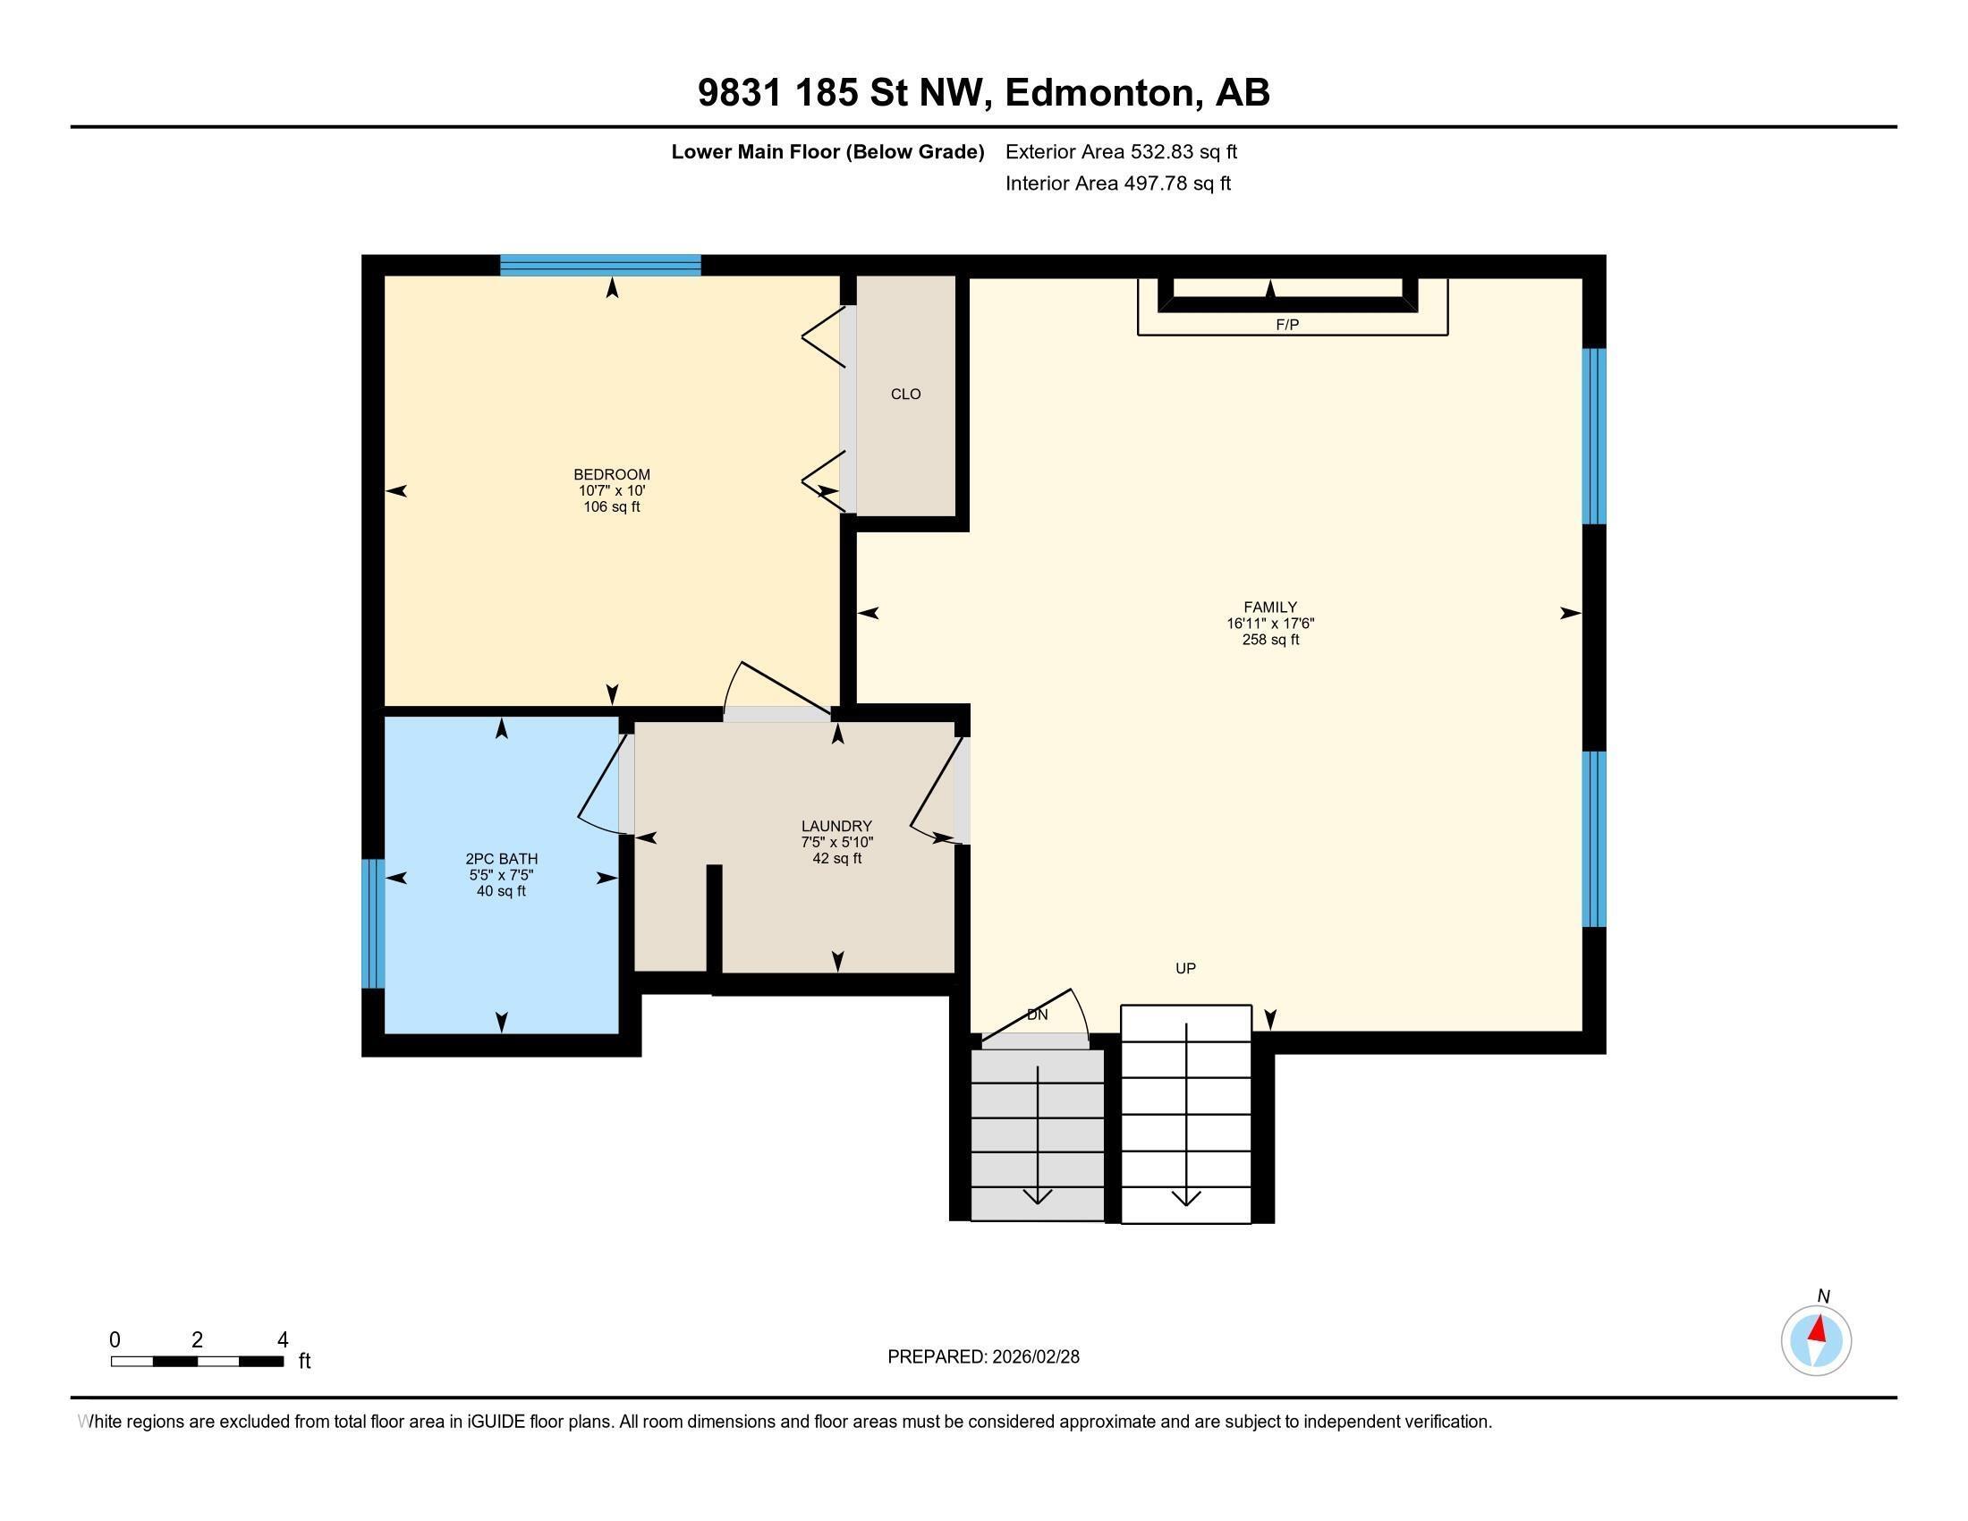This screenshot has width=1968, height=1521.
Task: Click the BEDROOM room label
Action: click(x=611, y=474)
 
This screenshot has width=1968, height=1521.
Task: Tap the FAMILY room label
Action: click(x=1269, y=608)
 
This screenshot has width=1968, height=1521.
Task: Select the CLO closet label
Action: click(x=904, y=394)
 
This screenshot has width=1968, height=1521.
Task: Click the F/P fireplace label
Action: click(x=1286, y=326)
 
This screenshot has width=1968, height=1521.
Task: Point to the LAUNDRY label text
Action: click(x=836, y=826)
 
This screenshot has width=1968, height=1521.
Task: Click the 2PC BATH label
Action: click(x=501, y=859)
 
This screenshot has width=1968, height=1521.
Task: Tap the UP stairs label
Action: click(x=1185, y=968)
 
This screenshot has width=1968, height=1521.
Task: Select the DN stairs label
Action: click(x=1037, y=1015)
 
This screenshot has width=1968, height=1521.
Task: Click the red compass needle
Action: click(x=1819, y=1328)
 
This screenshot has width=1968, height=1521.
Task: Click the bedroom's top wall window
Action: click(x=600, y=265)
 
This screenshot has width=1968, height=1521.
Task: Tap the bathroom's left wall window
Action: click(x=373, y=922)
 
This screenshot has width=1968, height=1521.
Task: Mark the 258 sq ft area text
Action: click(x=1269, y=640)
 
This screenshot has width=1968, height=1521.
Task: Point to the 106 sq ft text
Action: click(x=611, y=506)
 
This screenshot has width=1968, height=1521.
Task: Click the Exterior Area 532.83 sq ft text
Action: click(x=1121, y=151)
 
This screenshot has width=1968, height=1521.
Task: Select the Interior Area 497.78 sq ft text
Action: click(x=1117, y=183)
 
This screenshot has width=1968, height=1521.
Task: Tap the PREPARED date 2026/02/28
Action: click(x=1033, y=1356)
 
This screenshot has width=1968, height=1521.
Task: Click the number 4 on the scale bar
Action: click(x=282, y=1340)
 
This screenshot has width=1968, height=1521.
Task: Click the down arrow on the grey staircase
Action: click(x=1038, y=1194)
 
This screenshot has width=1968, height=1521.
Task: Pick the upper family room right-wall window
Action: click(x=1594, y=436)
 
